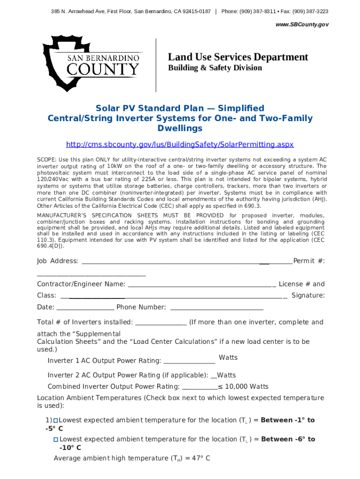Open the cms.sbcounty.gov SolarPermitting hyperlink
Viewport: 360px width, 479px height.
coord(180,145)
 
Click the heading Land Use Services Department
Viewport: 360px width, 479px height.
coord(238,57)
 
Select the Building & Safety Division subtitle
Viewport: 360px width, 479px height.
coord(215,68)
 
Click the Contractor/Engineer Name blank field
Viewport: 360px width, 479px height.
coord(201,286)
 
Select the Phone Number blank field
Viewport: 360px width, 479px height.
coord(217,309)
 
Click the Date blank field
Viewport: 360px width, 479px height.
coord(85,309)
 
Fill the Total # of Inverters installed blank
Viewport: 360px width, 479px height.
coord(161,324)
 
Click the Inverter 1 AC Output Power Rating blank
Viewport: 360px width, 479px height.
coord(189,362)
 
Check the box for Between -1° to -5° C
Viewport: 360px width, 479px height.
coord(55,421)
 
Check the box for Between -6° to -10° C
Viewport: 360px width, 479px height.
coord(56,440)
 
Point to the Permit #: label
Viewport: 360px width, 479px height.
coord(309,261)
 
